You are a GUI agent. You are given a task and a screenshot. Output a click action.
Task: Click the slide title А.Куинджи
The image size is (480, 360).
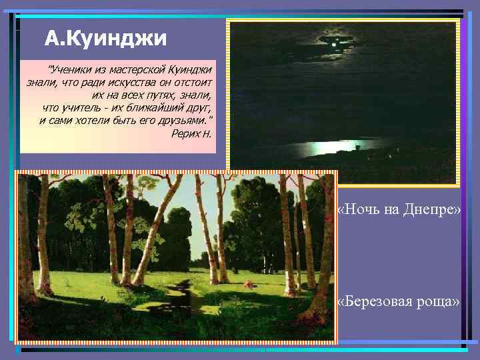(105, 39)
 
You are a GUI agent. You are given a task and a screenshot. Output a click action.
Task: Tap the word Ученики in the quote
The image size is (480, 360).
(72, 70)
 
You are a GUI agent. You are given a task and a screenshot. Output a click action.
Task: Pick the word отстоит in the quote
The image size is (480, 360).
(193, 83)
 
